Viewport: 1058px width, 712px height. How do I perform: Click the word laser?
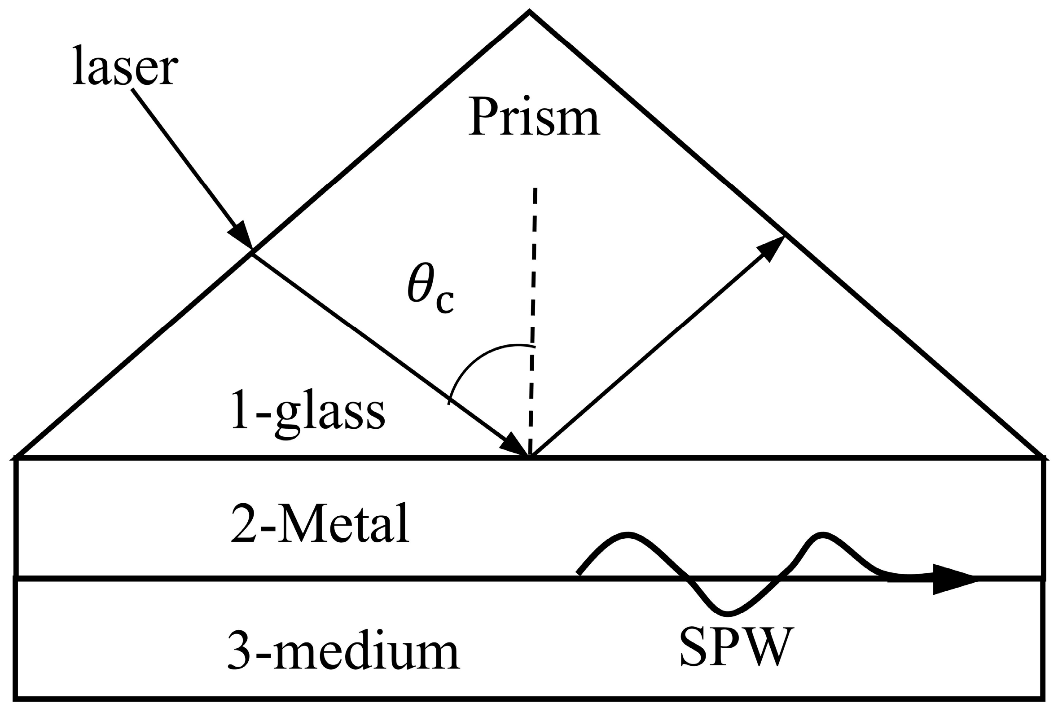[x=125, y=67]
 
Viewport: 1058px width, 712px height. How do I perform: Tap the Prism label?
[x=534, y=117]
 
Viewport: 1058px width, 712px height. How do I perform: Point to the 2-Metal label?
[x=320, y=524]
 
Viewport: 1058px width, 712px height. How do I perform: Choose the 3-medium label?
[x=343, y=650]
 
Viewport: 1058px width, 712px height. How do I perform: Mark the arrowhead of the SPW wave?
[x=953, y=579]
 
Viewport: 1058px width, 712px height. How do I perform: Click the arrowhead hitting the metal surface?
[x=515, y=444]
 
